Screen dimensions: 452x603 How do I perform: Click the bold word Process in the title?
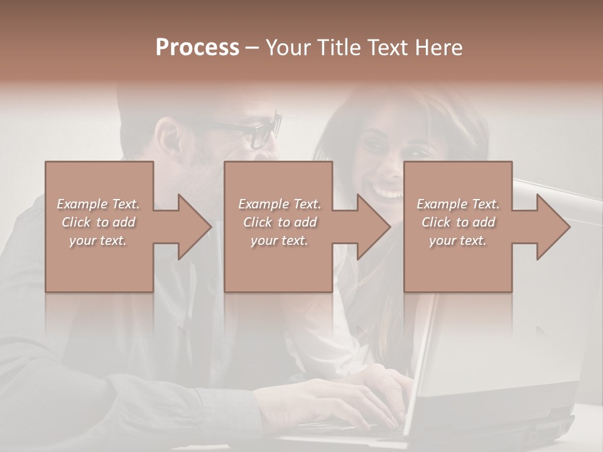point(197,48)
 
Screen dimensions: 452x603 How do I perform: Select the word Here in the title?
point(439,48)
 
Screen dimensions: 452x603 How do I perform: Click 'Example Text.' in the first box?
point(99,204)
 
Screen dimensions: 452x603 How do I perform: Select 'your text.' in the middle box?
point(279,240)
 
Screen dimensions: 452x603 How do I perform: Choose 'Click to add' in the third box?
point(458,222)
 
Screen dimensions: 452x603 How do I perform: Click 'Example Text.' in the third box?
point(458,204)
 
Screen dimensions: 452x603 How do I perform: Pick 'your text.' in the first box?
point(99,240)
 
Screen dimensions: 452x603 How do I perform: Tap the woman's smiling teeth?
point(389,188)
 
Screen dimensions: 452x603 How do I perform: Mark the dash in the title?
point(252,48)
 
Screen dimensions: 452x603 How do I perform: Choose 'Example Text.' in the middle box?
point(279,204)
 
